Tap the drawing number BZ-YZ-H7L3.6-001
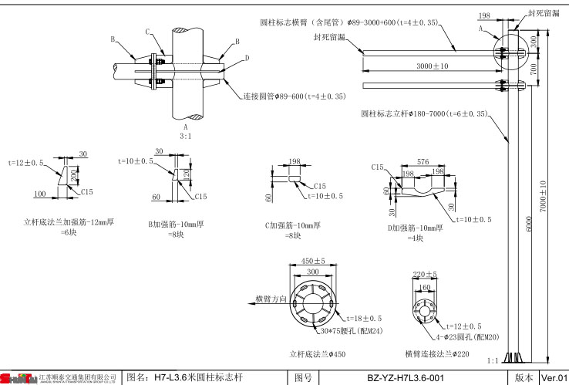(x=405, y=378)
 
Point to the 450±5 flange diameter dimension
(x=312, y=261)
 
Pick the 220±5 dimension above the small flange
(x=426, y=274)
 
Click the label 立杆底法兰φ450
(x=318, y=354)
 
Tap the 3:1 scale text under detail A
(x=185, y=135)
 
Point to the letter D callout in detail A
(x=247, y=58)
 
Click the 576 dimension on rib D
(x=423, y=163)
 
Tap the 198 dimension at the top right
(x=505, y=15)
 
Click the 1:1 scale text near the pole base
(x=493, y=360)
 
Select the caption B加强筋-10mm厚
(x=176, y=225)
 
